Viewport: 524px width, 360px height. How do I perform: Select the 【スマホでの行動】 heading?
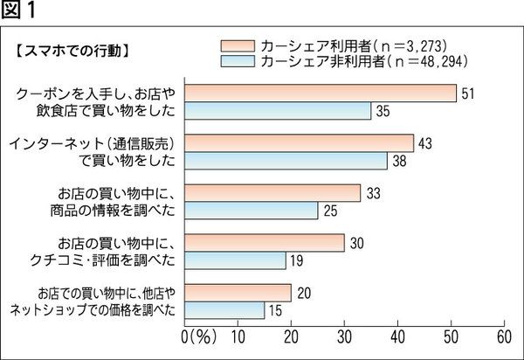(x=72, y=51)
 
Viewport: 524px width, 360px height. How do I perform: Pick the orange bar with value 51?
(x=321, y=93)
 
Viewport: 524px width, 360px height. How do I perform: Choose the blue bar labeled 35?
(x=278, y=110)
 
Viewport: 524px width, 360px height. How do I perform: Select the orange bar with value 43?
(x=300, y=142)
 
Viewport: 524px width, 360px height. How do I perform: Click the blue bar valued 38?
(x=286, y=160)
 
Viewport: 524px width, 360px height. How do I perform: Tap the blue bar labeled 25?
(x=252, y=210)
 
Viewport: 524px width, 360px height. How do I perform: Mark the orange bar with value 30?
(x=265, y=242)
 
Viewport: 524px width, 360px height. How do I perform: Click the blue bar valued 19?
(x=236, y=260)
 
